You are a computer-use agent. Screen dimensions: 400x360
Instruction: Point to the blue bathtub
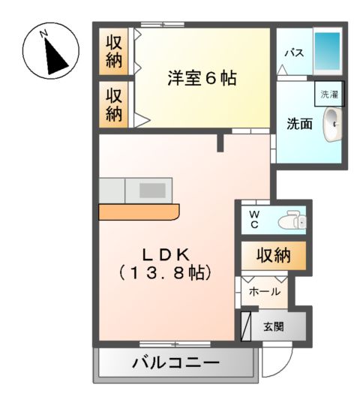click(x=325, y=51)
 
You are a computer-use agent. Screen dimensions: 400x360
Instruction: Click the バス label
click(x=292, y=53)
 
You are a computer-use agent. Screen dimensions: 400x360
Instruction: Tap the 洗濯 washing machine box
click(x=329, y=95)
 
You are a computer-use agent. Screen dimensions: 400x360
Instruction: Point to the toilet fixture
click(x=290, y=221)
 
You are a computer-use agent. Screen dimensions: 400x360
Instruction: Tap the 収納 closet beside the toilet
click(x=273, y=256)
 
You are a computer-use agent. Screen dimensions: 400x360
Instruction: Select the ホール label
click(x=265, y=291)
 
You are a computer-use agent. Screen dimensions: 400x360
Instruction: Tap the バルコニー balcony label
click(x=176, y=364)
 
